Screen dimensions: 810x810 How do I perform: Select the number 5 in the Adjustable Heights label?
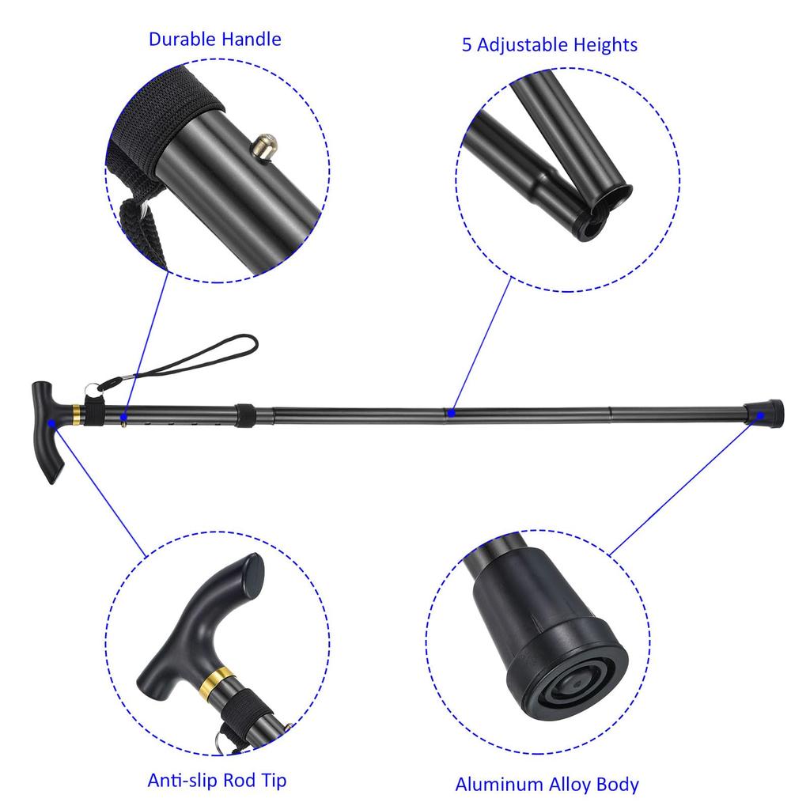(x=467, y=44)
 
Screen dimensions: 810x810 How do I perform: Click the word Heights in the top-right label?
(x=603, y=44)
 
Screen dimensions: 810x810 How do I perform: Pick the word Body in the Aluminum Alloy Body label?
(x=619, y=785)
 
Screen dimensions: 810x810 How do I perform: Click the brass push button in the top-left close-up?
(x=264, y=146)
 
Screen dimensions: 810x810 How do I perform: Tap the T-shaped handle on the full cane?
(x=47, y=431)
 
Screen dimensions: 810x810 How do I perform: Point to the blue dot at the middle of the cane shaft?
(x=450, y=412)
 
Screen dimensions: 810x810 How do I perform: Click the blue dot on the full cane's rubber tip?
(x=761, y=414)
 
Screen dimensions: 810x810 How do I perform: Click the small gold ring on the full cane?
(x=76, y=413)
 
